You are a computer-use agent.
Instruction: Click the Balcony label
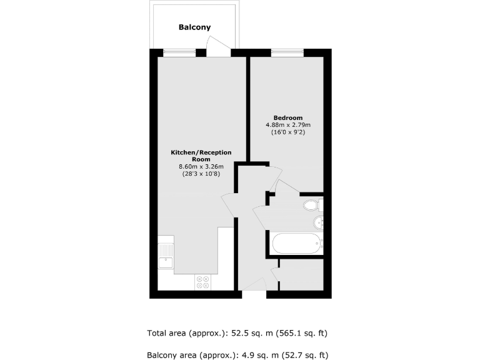click(x=194, y=27)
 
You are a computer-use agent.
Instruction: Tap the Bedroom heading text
click(x=288, y=118)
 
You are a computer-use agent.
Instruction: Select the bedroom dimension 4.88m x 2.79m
click(x=288, y=126)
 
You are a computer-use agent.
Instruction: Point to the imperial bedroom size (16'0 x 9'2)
click(x=288, y=132)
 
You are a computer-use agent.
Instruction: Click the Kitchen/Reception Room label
click(x=201, y=156)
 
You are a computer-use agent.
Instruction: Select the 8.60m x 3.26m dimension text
click(x=201, y=166)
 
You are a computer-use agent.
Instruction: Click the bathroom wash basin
click(x=317, y=221)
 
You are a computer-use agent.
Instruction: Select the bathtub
click(x=295, y=242)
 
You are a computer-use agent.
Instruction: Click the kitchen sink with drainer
click(x=166, y=256)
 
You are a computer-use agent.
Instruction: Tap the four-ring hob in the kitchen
click(x=202, y=282)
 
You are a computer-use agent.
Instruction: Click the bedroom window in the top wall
click(x=287, y=52)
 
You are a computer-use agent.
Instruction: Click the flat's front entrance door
click(x=254, y=284)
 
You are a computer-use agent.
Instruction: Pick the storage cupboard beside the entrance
click(x=301, y=274)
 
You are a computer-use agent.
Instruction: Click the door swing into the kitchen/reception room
click(x=228, y=205)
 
